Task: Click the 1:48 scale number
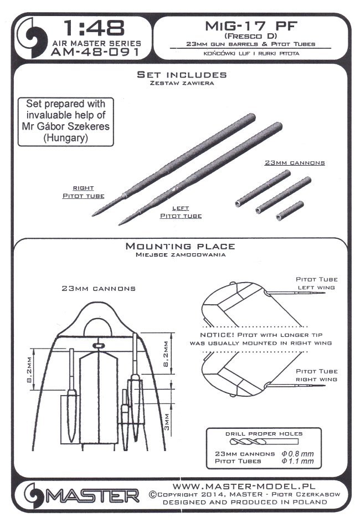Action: tap(94, 28)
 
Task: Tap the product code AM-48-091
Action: tap(95, 52)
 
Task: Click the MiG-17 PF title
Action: tap(251, 26)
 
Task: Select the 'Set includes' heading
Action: tap(182, 75)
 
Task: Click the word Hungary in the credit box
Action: tap(65, 138)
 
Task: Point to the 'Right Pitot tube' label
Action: tap(84, 192)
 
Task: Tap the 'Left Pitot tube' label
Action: tap(181, 212)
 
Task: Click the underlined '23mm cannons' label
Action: tap(295, 163)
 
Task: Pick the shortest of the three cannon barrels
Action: tap(290, 211)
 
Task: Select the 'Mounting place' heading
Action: tap(181, 247)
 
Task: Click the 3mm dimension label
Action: tap(167, 422)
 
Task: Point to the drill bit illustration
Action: tap(264, 442)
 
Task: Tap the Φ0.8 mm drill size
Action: tap(297, 453)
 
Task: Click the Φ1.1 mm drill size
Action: tap(297, 461)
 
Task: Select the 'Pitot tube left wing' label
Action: tap(316, 283)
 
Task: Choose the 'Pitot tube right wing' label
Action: tap(316, 375)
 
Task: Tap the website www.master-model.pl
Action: tap(244, 487)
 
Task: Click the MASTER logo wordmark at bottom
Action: tap(93, 496)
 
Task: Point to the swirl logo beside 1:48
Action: tap(34, 38)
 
